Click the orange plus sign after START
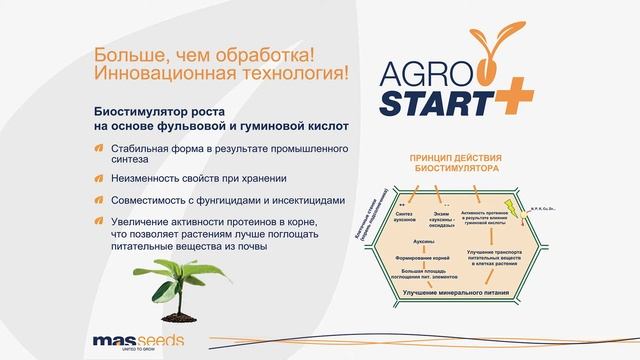click(x=516, y=98)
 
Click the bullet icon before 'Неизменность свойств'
click(x=99, y=179)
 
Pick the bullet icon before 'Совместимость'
click(x=99, y=198)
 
